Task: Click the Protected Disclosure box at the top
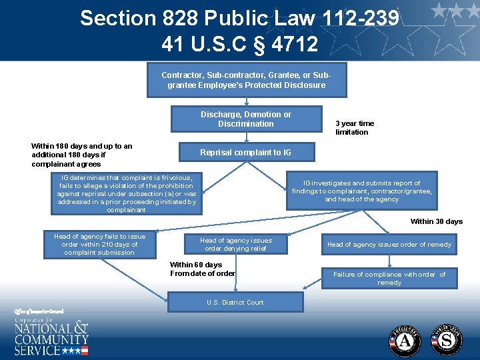[x=246, y=81]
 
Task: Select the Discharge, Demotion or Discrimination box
[x=245, y=119]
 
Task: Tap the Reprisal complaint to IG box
[x=245, y=153]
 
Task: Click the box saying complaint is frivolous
[x=127, y=194]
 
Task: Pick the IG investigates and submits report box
[x=361, y=191]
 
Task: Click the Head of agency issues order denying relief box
[x=235, y=244]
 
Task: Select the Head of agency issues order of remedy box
[x=389, y=245]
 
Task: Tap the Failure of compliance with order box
[x=389, y=278]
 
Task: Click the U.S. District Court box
[x=235, y=303]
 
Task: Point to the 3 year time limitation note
[x=355, y=127]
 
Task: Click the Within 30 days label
[x=436, y=221]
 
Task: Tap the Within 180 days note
[x=81, y=155]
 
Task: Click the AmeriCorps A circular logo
[x=405, y=340]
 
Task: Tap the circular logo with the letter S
[x=447, y=340]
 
